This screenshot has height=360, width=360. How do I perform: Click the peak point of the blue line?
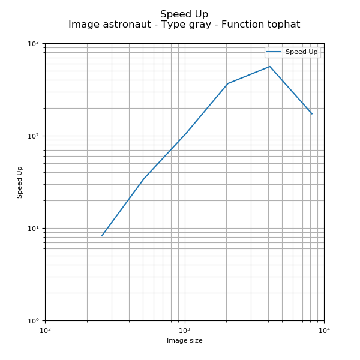coord(270,67)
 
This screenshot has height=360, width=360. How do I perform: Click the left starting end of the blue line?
coord(102,236)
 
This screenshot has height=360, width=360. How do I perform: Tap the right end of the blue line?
coord(312,114)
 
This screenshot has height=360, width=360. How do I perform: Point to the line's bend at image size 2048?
coord(228,83)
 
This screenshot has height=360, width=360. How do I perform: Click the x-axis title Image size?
coord(184,341)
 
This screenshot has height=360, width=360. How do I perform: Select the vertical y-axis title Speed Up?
coord(20,182)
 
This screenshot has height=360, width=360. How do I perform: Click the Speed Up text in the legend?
coord(301,52)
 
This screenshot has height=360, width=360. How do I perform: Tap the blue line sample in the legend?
coord(274,52)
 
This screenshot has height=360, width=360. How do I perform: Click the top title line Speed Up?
coord(184,14)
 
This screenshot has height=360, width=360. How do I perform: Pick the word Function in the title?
coord(242,25)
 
